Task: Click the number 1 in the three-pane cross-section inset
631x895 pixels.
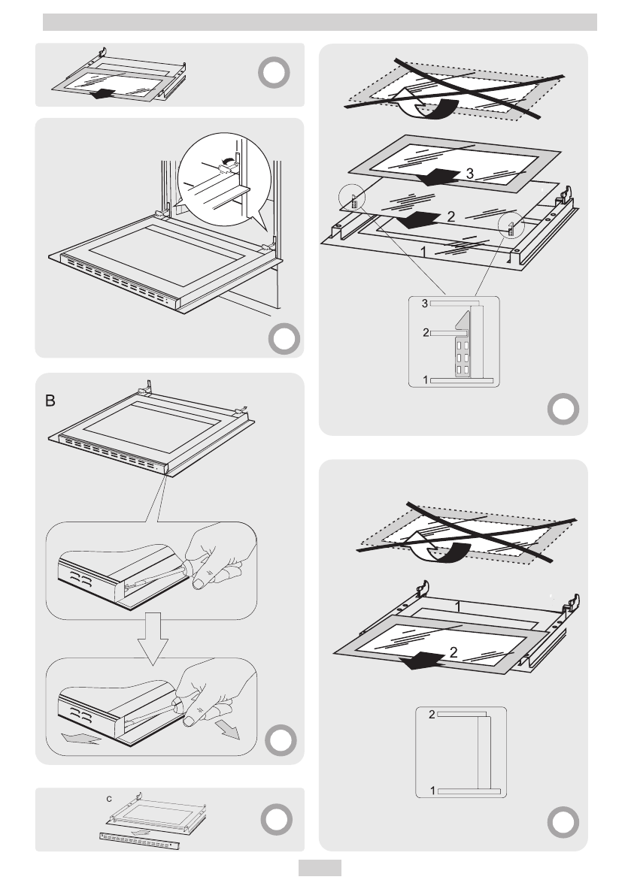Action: [x=426, y=380]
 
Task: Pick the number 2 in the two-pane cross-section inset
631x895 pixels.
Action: [x=431, y=714]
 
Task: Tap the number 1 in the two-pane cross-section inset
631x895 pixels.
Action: [x=432, y=791]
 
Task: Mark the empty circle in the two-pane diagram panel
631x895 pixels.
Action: [x=562, y=824]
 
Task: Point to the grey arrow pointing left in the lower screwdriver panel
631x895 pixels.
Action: [x=82, y=739]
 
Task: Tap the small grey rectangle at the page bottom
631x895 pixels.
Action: [x=320, y=869]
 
